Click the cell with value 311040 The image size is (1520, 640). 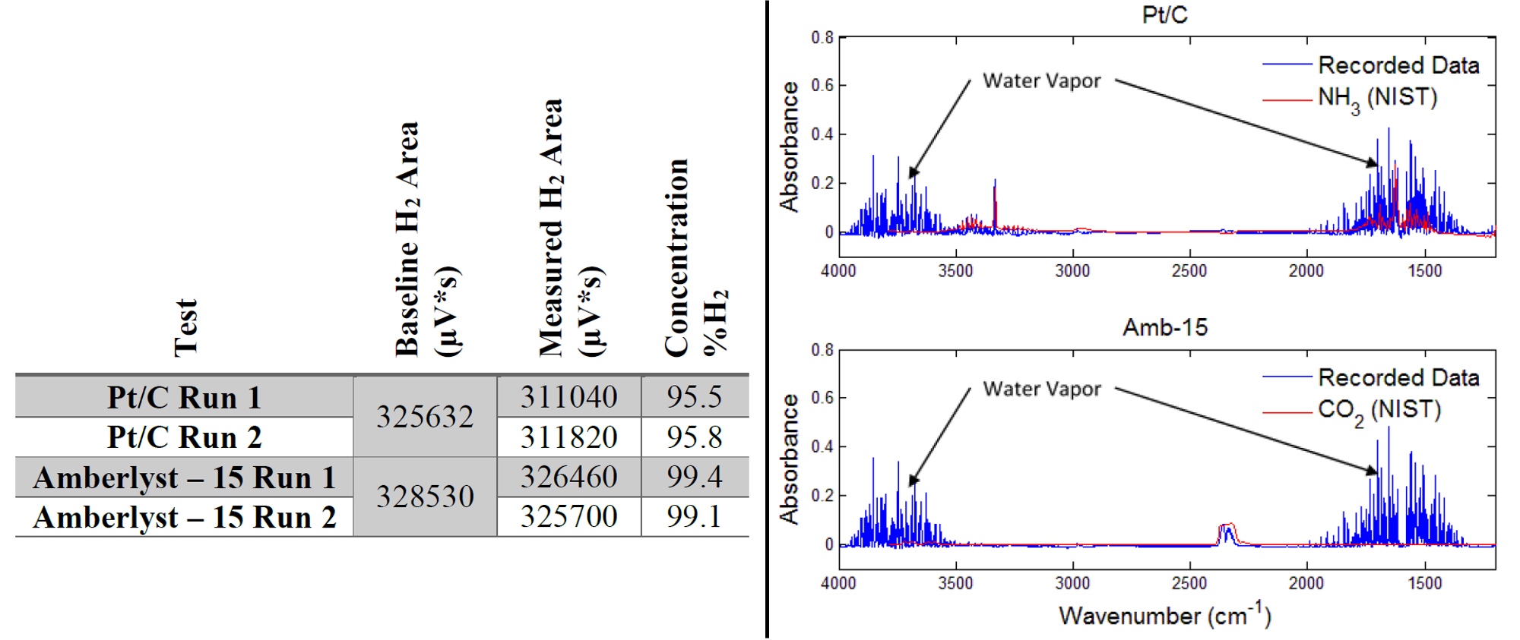[568, 397]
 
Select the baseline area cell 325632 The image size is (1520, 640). [425, 417]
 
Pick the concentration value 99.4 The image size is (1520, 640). [694, 477]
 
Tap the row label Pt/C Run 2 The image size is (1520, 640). [185, 437]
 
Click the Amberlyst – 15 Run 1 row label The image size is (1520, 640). [185, 478]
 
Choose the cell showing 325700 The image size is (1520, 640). [568, 517]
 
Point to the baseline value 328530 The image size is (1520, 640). [425, 497]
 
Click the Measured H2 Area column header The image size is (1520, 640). [568, 228]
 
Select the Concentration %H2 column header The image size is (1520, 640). [694, 258]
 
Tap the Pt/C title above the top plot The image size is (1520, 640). [1164, 14]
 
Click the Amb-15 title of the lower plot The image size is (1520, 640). [1164, 327]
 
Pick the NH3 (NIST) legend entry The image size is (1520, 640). [1377, 98]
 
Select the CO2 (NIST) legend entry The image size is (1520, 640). [1379, 410]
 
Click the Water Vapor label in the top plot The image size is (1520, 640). [1041, 80]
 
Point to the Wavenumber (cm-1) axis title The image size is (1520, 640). [1164, 614]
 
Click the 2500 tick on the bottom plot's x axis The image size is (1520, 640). [1189, 583]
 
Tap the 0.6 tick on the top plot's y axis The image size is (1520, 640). [822, 85]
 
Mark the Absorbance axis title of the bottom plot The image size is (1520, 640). [790, 459]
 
